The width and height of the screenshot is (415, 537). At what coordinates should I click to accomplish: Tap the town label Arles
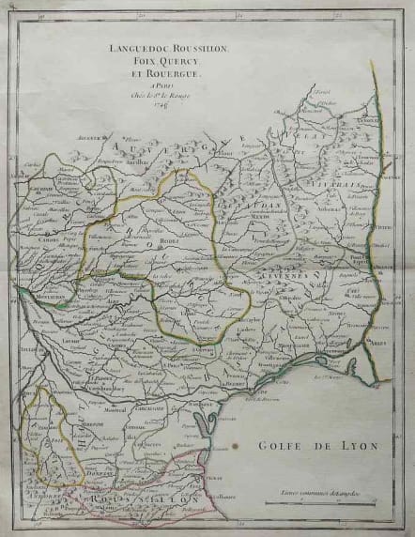[379, 344]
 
